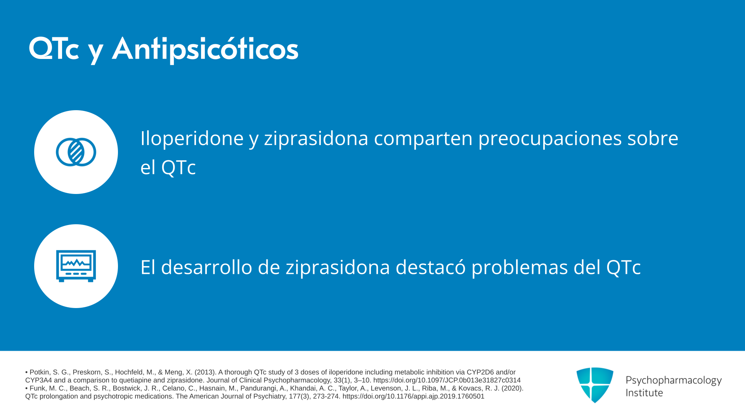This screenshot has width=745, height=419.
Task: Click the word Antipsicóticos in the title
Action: click(205, 50)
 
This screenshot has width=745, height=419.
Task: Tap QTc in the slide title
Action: click(54, 49)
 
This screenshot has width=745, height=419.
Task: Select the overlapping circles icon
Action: click(76, 152)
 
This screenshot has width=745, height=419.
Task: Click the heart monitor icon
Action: click(76, 266)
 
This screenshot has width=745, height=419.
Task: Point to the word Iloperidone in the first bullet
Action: click(192, 139)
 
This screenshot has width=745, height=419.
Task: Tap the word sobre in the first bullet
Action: click(653, 138)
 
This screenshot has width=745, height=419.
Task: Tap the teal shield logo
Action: click(595, 385)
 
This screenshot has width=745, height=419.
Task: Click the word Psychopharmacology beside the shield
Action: click(674, 380)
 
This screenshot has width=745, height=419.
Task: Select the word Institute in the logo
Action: click(644, 393)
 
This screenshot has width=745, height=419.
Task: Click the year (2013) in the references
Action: click(205, 372)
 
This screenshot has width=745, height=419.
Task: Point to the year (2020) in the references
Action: click(512, 388)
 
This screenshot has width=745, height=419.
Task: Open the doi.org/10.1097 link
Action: click(447, 381)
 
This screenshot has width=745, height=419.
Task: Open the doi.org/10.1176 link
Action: click(413, 396)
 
